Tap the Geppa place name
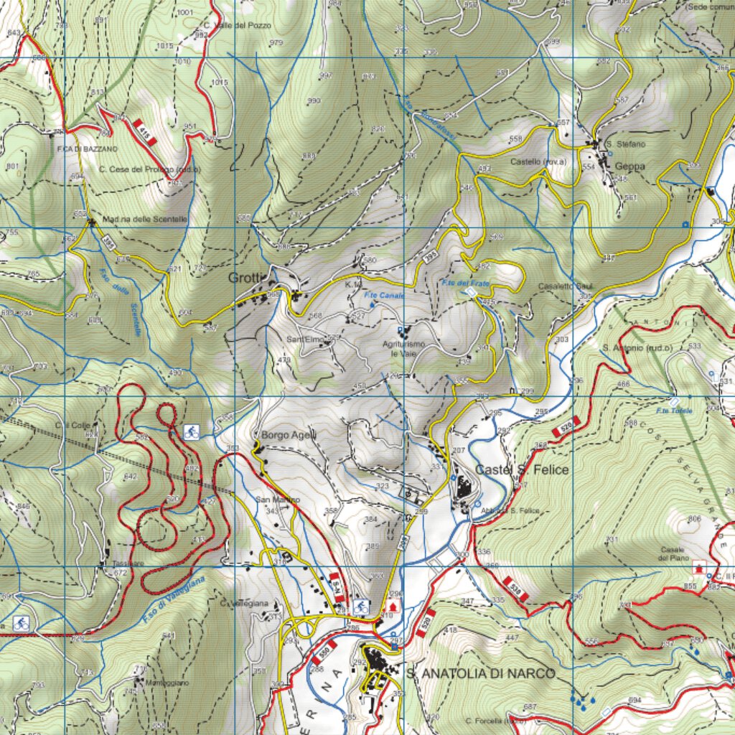click(x=629, y=167)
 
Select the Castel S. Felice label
click(x=522, y=469)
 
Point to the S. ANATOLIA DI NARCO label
click(x=480, y=673)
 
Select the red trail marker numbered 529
click(x=566, y=429)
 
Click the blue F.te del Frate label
click(x=466, y=284)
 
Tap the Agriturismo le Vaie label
click(x=403, y=349)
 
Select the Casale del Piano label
click(x=675, y=553)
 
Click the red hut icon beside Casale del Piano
click(x=698, y=568)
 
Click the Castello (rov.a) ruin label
click(x=538, y=162)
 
